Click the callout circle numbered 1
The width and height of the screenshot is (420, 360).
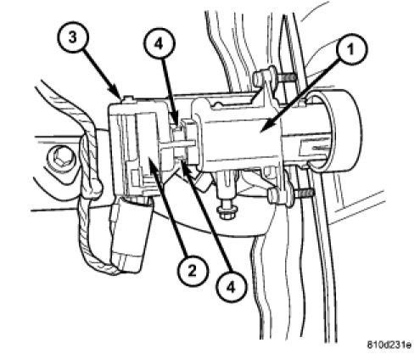point(351,49)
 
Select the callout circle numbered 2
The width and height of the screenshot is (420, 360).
point(192,272)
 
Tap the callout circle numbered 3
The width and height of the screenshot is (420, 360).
point(73,37)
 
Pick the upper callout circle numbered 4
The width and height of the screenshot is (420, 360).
point(159,44)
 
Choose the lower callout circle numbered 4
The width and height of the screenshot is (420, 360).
point(231,288)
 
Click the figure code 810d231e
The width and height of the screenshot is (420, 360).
point(389,345)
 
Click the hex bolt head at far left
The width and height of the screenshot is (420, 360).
point(61,156)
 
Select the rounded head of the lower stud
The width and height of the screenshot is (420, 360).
point(273,195)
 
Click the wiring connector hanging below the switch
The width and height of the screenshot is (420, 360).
point(132,235)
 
